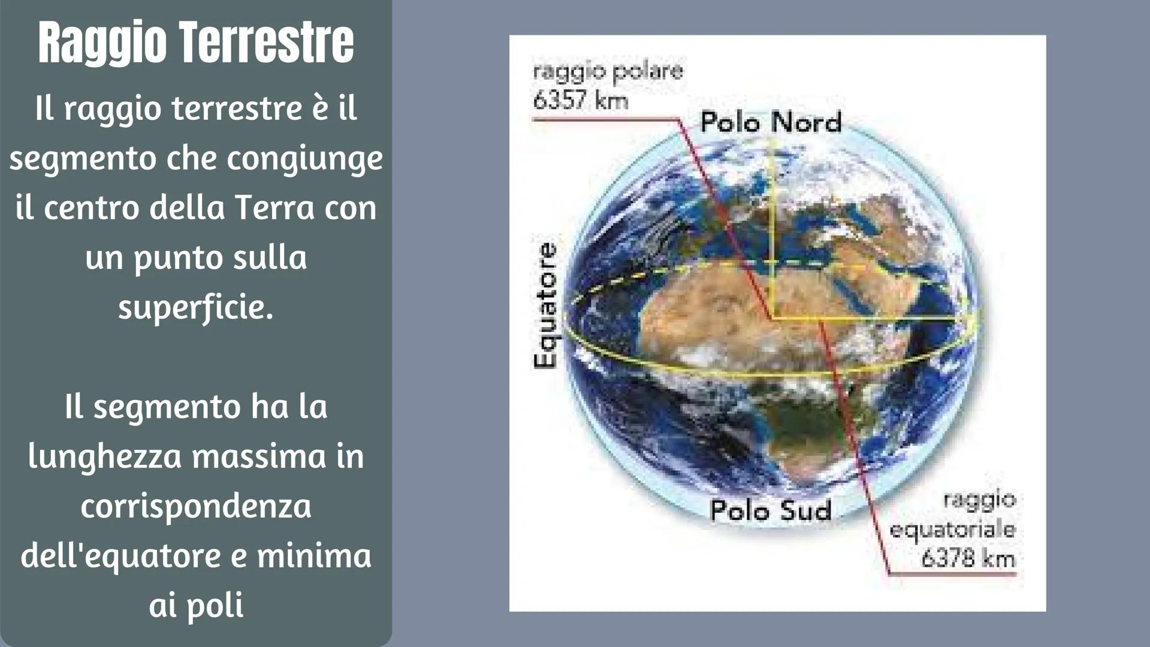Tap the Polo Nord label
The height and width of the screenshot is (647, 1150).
(x=771, y=122)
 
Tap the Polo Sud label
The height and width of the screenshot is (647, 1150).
(x=771, y=510)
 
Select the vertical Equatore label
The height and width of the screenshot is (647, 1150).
(x=545, y=306)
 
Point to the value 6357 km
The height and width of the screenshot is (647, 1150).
(x=580, y=99)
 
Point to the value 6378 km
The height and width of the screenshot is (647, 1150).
(x=968, y=558)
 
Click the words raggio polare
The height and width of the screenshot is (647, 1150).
(x=608, y=71)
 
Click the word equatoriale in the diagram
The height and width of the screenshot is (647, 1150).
(x=952, y=530)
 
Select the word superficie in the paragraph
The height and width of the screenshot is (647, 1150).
(x=195, y=308)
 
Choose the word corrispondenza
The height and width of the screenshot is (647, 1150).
(x=196, y=507)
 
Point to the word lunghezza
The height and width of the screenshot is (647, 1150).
(x=105, y=456)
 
